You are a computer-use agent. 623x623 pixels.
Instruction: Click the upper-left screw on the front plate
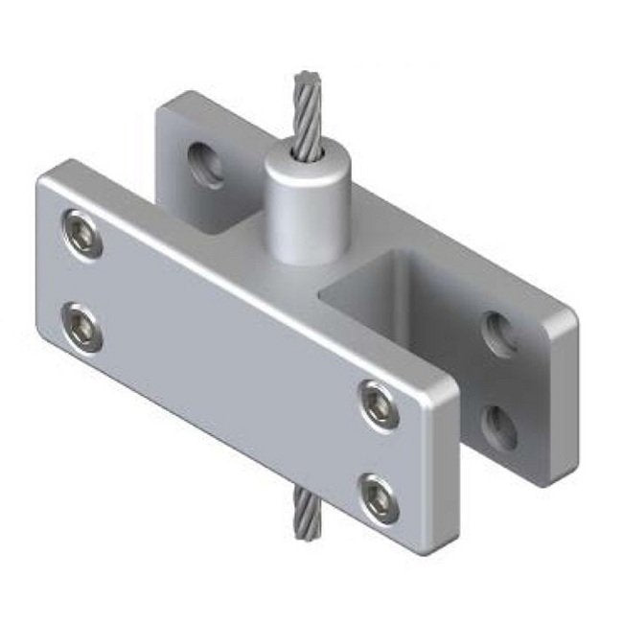tap(81, 233)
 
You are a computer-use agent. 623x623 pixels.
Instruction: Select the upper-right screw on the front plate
tap(378, 404)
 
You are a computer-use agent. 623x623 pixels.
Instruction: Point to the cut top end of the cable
tap(308, 78)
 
